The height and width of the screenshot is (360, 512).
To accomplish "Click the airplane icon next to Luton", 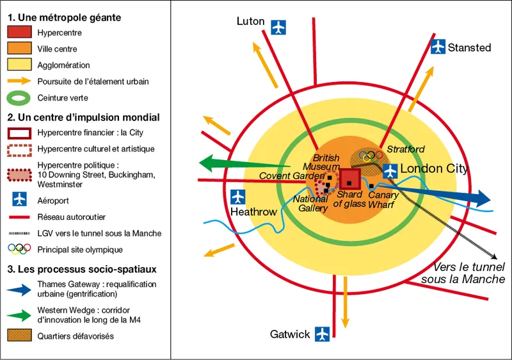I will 278,28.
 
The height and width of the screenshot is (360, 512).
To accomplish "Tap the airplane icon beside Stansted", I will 438,47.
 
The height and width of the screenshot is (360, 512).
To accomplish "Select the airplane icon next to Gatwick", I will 323,334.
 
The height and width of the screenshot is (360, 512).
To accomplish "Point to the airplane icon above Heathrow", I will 238,197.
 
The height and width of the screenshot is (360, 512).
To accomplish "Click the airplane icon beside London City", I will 390,170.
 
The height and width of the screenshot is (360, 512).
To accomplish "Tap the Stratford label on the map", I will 406,149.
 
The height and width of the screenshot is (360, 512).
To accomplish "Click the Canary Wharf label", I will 383,199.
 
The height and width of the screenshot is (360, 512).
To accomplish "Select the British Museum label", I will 326,163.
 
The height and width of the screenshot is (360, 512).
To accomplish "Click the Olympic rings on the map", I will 371,156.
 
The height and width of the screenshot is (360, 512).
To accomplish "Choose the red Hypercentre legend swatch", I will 19,32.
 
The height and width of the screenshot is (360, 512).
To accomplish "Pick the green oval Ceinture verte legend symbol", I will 19,98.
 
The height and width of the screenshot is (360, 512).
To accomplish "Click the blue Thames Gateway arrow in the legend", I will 19,289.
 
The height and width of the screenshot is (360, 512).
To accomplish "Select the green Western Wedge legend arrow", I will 19,315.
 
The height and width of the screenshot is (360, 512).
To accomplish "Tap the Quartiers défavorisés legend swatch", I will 19,334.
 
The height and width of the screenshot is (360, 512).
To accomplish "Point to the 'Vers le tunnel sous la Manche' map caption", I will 469,273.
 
